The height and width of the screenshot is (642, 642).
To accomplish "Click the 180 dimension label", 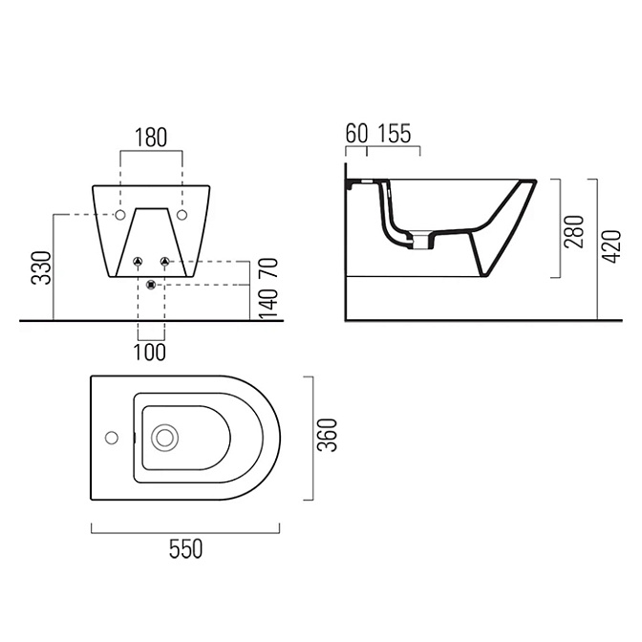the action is pos(151,138).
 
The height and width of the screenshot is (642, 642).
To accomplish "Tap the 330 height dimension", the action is pos(41,267).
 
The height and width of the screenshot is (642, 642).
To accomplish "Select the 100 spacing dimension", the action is pos(150,353).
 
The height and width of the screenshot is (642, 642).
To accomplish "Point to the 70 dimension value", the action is pos(268,267).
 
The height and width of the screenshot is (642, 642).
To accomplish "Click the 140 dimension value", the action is pos(268,304).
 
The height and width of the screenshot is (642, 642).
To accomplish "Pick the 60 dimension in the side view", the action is pos(356,134).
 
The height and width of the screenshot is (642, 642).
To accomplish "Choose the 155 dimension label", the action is pos(394,134).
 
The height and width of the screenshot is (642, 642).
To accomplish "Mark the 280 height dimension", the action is pos(574,231).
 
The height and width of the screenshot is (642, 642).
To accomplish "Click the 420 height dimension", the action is pos(611,246).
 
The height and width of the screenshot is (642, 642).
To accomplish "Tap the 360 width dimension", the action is pos(328,435).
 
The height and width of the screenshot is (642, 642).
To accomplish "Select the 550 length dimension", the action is pos(186,549).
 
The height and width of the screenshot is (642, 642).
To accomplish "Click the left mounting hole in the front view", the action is pos(120,215).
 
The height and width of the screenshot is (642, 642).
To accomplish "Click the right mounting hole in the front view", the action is pos(182,215).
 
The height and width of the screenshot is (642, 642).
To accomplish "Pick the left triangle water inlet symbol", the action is pos(138,261).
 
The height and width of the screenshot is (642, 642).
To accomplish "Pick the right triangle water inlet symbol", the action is pos(164,261).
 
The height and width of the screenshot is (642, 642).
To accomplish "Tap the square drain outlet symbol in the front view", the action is pos(152,284).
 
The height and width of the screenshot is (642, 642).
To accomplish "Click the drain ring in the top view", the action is pos(164,438).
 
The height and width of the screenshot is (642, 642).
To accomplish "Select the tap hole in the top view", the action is pos(112,438).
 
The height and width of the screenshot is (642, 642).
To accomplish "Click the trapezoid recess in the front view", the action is pos(152,243).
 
